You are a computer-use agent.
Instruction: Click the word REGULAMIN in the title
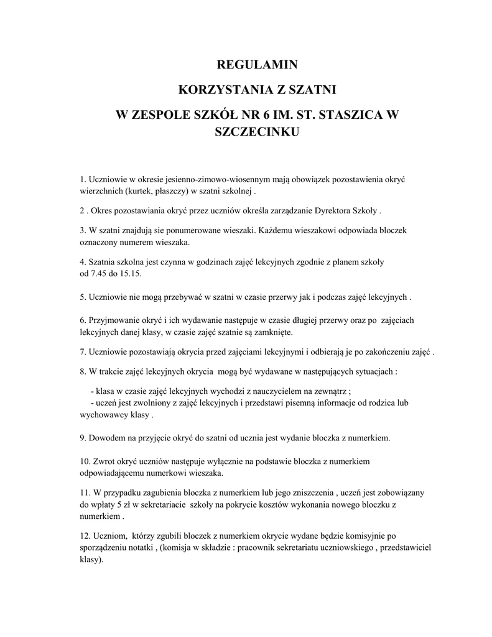(257, 65)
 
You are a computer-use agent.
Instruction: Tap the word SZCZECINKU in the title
(257, 132)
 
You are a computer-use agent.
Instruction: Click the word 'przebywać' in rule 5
(176, 297)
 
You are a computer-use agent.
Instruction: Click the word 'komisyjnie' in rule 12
(367, 536)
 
